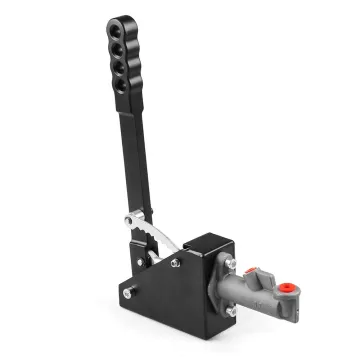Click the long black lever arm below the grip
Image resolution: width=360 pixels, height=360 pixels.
[137, 160]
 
